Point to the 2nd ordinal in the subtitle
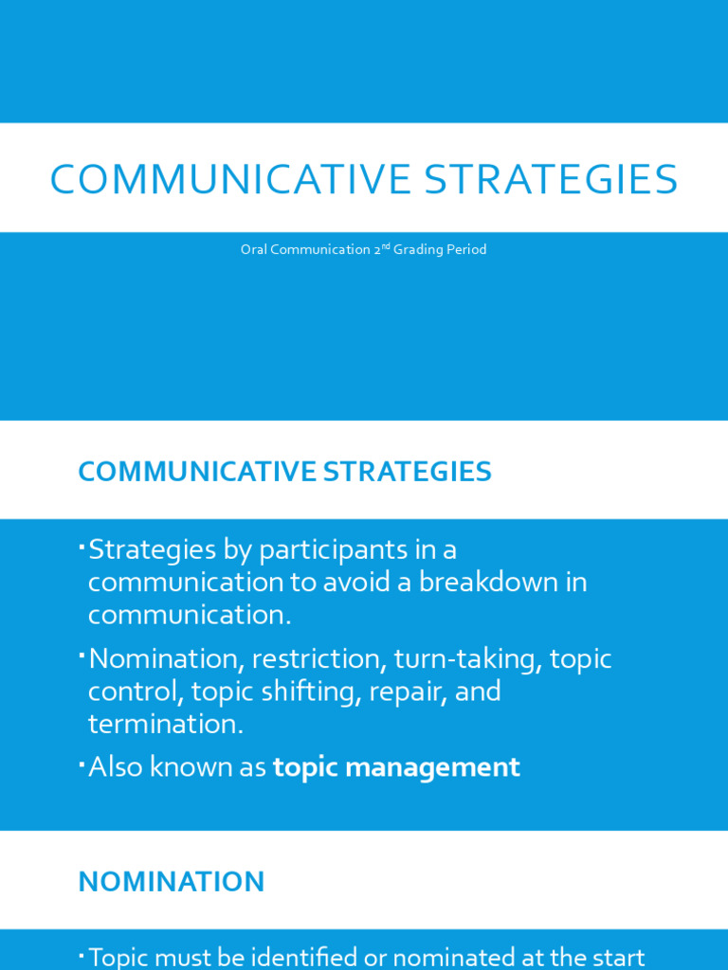click(x=381, y=249)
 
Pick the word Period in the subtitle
click(x=466, y=250)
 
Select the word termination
click(x=161, y=724)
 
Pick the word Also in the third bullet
click(x=115, y=767)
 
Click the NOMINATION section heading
click(x=172, y=882)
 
